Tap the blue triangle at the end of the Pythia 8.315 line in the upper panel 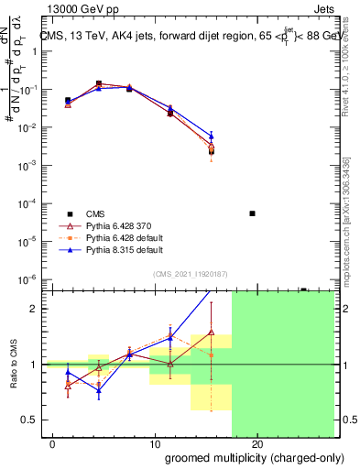(212, 136)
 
